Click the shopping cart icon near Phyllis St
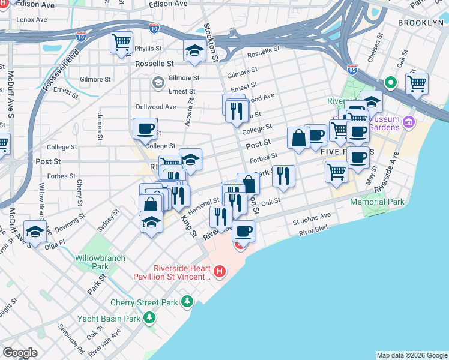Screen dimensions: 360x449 click(x=122, y=43)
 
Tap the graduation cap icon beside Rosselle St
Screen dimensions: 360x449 click(x=195, y=51)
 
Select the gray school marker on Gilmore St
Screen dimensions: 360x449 click(x=158, y=82)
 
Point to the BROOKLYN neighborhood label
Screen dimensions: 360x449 click(x=420, y=22)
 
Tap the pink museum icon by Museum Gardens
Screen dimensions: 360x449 click(x=409, y=122)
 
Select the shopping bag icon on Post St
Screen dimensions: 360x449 click(x=298, y=138)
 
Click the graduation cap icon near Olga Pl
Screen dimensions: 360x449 click(x=35, y=231)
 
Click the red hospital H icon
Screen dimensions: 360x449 click(x=220, y=272)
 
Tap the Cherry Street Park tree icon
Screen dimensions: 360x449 click(x=188, y=301)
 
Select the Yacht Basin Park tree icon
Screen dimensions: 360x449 click(x=149, y=317)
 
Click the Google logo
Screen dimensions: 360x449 click(x=20, y=353)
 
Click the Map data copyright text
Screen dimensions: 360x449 click(x=412, y=355)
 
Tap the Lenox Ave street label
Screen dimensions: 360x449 click(x=32, y=19)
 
